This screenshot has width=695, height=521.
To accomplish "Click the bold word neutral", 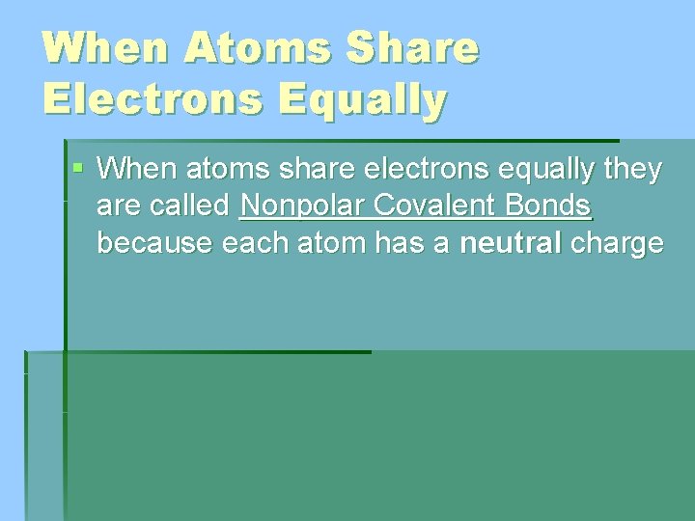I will click(511, 242).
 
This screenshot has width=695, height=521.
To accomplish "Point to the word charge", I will click(617, 243).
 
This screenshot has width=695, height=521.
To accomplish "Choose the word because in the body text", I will click(155, 242).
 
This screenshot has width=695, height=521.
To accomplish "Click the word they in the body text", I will click(632, 171).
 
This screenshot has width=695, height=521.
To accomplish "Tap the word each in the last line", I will click(251, 242).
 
